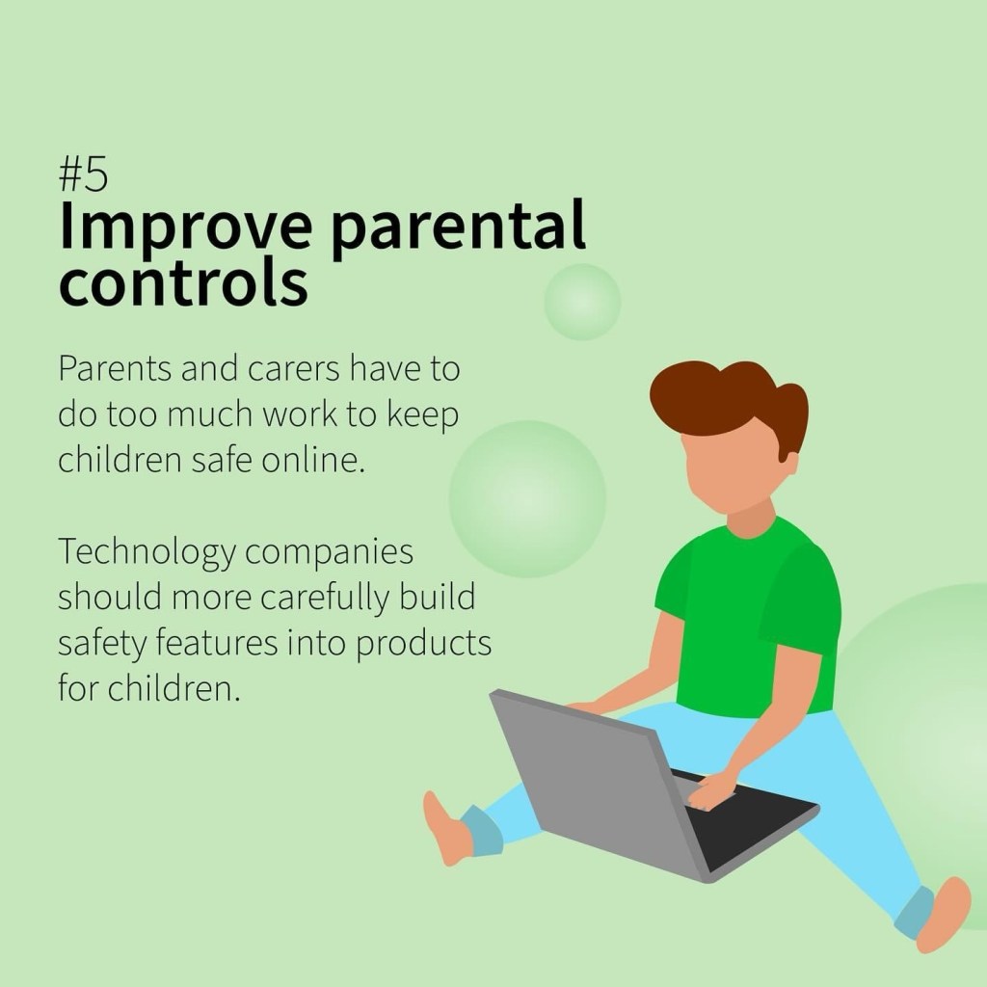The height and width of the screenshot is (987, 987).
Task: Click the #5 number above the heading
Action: [83, 173]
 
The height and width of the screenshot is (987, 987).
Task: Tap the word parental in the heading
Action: [458, 227]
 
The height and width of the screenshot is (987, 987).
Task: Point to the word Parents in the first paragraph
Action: [115, 368]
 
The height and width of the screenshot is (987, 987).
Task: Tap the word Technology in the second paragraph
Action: [147, 552]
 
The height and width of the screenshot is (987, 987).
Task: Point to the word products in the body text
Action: [424, 643]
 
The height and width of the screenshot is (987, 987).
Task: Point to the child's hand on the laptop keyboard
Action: [711, 791]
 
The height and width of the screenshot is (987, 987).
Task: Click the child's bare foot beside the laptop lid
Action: [447, 829]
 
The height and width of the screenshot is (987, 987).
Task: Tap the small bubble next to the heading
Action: [582, 302]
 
